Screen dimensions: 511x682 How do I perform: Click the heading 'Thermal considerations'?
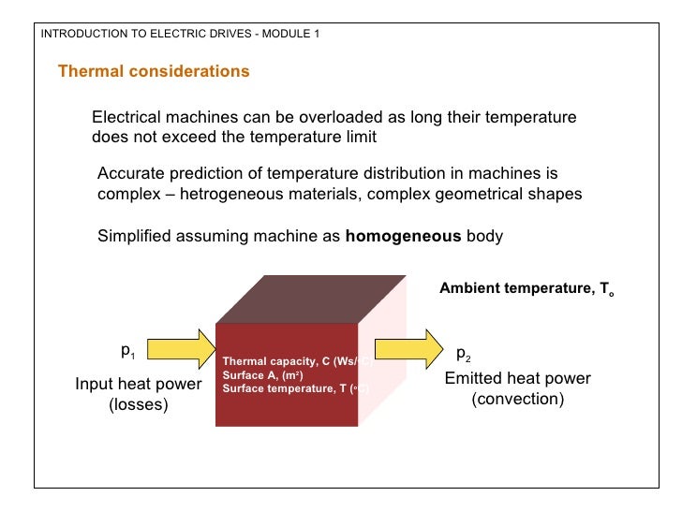(154, 72)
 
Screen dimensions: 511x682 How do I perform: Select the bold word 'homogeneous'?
(403, 236)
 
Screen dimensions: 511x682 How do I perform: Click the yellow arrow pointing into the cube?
(182, 348)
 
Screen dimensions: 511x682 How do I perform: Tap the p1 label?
(127, 352)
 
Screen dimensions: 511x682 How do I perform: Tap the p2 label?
(464, 355)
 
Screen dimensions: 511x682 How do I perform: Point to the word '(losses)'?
(139, 404)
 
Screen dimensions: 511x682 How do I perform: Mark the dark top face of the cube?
(309, 299)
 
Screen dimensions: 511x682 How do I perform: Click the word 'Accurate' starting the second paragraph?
(131, 174)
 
